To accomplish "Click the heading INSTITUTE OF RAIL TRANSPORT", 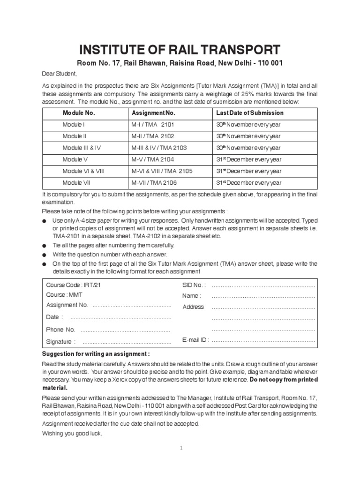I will coord(180,50).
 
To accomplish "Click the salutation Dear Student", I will coord(59,74).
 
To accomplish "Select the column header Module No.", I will coord(79,113).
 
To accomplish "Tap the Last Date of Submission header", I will coord(249,113).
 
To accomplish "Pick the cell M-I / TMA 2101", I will coord(152,125).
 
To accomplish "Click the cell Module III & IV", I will coord(82,148).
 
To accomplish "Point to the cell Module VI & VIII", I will coord(83,171).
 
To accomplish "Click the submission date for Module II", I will coord(248,136).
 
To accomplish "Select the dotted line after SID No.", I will coord(263,285).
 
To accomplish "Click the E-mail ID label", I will coord(195,340).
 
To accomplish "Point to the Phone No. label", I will coord(60,330).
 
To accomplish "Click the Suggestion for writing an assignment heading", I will coord(96,354).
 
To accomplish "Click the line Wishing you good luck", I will coord(72,433).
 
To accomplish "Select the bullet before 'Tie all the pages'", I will coord(45,246).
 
